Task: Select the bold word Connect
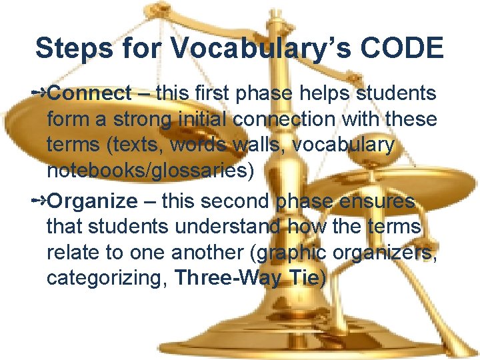pos(89,93)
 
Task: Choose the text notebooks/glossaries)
pos(150,171)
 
